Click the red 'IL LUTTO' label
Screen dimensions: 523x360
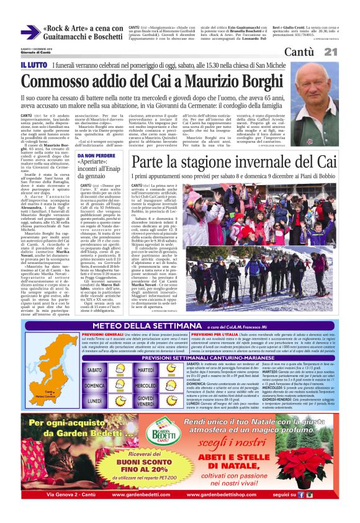point(33,65)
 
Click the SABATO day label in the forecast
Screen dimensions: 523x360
point(94,370)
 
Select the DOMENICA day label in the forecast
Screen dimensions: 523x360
point(94,385)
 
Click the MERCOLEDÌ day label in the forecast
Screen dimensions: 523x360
point(145,385)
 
